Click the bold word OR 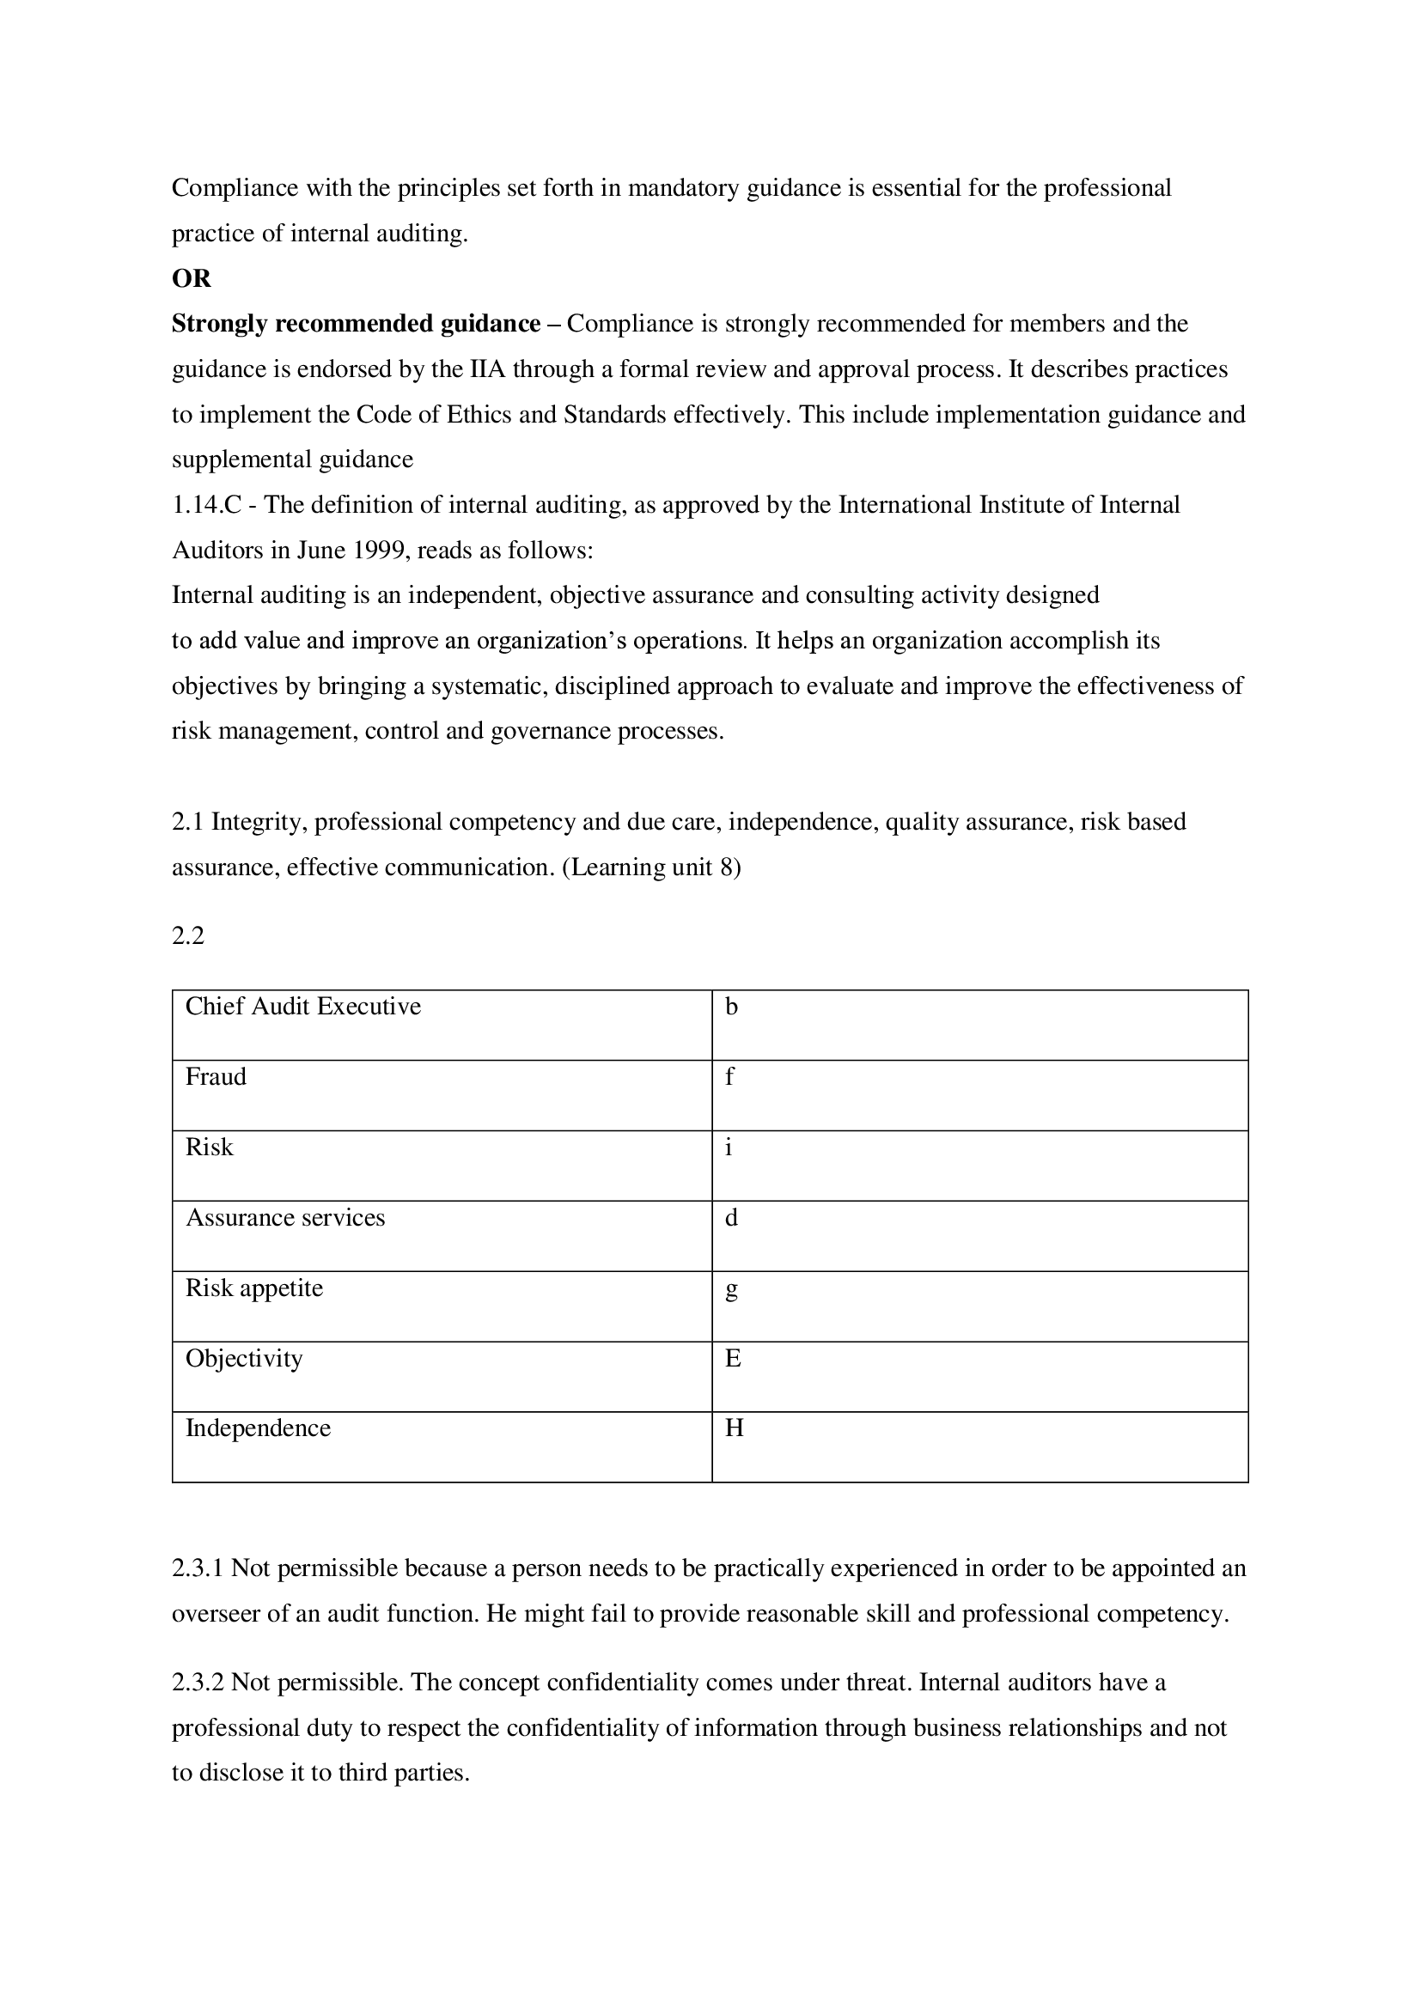point(192,278)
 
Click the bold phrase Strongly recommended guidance point(356,324)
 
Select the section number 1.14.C point(205,505)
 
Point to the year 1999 point(381,551)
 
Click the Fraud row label point(216,1076)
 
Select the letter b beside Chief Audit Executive point(731,1008)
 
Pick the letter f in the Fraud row point(729,1076)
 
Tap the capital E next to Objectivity point(733,1358)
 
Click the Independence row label point(258,1428)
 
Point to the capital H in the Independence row point(734,1428)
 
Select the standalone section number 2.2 point(188,936)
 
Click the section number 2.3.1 point(198,1568)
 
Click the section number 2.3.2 point(198,1683)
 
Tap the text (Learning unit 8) point(651,868)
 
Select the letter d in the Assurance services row point(731,1217)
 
